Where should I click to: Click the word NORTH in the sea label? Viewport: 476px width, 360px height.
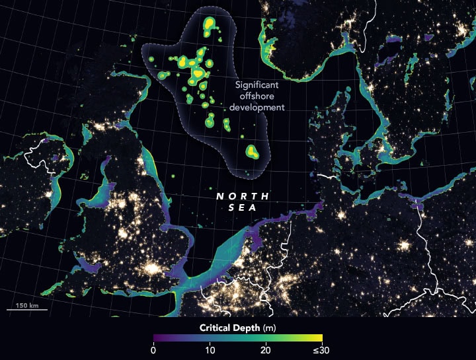click(x=243, y=197)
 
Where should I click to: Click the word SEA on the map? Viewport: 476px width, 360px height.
click(x=243, y=207)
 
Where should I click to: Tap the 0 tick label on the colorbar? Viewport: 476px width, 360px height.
click(x=153, y=351)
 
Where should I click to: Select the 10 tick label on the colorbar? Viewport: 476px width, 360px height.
click(x=210, y=351)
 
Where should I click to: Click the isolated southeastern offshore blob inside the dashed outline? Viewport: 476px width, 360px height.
click(x=252, y=152)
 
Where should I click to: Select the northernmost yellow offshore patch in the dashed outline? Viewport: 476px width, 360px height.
click(x=210, y=25)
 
